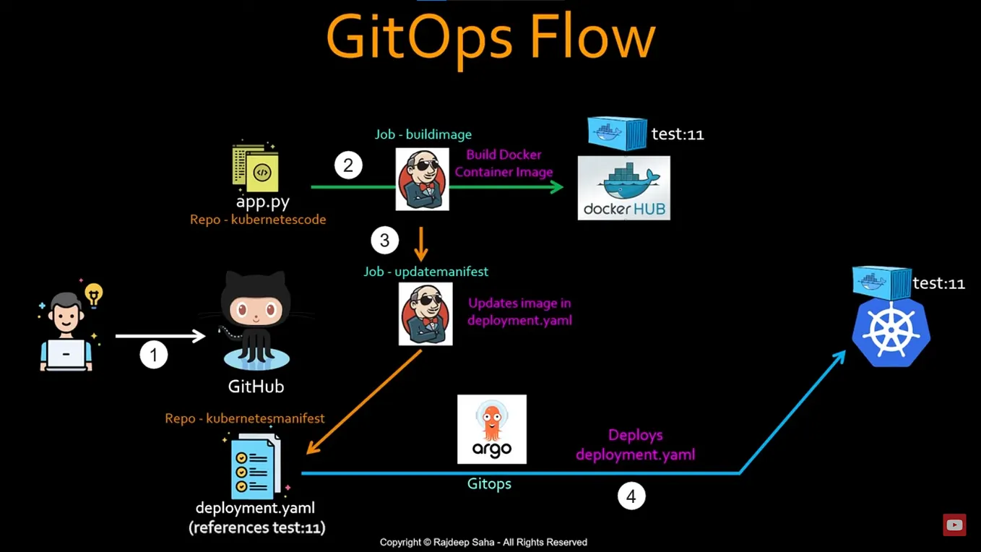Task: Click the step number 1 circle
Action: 153,355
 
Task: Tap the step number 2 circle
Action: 348,165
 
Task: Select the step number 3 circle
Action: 384,240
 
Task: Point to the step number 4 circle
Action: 631,496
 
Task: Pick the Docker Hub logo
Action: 623,188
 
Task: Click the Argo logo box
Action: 492,429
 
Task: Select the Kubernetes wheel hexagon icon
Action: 891,332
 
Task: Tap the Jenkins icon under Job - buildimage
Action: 423,179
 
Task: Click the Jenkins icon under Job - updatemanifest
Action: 425,314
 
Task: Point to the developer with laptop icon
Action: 66,332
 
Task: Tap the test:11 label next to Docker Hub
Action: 677,134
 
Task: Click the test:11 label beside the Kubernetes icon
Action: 938,284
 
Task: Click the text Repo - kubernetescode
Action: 258,220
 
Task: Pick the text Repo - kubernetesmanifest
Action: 244,418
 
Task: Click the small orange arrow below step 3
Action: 420,244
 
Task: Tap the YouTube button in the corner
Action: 954,525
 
